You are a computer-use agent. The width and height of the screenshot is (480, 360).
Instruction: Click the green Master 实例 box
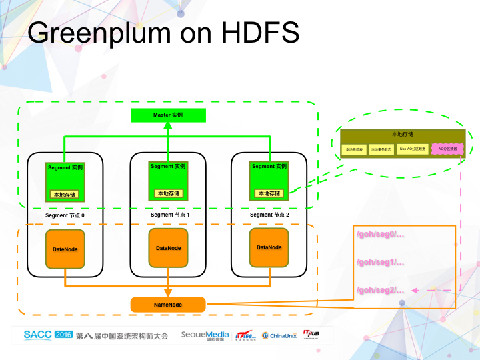(x=168, y=115)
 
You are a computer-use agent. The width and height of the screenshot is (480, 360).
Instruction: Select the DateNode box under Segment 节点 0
(x=65, y=249)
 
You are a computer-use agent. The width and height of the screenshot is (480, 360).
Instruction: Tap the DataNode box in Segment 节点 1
(x=168, y=248)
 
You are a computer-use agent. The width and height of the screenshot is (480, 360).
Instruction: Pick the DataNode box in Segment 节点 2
(x=269, y=247)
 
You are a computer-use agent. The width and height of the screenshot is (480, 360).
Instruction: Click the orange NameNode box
(x=168, y=305)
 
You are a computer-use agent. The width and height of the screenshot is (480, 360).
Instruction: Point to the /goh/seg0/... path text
(x=381, y=234)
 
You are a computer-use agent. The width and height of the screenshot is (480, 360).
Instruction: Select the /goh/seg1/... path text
(x=381, y=262)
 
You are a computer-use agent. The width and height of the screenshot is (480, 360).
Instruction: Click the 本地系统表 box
(x=354, y=150)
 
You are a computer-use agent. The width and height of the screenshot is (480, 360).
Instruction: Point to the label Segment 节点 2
(x=270, y=215)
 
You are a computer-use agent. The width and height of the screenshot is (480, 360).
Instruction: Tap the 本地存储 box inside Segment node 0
(x=65, y=194)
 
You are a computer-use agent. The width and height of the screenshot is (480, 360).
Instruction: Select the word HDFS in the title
(x=258, y=33)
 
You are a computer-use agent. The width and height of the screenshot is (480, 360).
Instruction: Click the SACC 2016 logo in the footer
(x=48, y=335)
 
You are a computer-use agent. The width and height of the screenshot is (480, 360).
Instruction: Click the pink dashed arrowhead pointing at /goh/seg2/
(x=416, y=291)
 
